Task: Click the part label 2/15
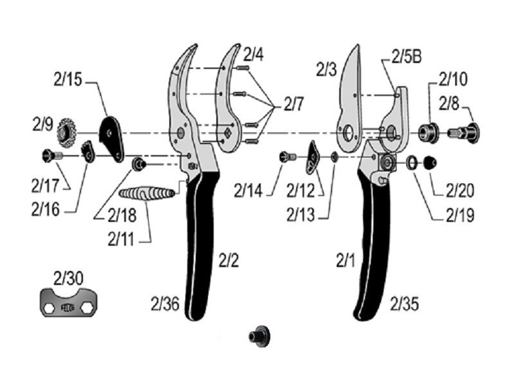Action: click(68, 80)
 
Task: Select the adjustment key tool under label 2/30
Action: click(69, 302)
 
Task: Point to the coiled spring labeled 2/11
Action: click(147, 193)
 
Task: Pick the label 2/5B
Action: click(407, 57)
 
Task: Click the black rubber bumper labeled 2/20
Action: click(430, 163)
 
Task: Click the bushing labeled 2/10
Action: click(428, 133)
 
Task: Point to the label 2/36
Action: click(165, 304)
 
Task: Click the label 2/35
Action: click(404, 304)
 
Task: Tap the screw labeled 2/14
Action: click(288, 157)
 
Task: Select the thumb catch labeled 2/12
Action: click(313, 158)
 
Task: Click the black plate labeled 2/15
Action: click(111, 139)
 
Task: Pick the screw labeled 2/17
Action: click(52, 155)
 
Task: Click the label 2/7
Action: click(294, 105)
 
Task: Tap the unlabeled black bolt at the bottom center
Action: click(259, 336)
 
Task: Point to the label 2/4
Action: click(253, 55)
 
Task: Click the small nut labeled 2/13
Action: click(334, 157)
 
